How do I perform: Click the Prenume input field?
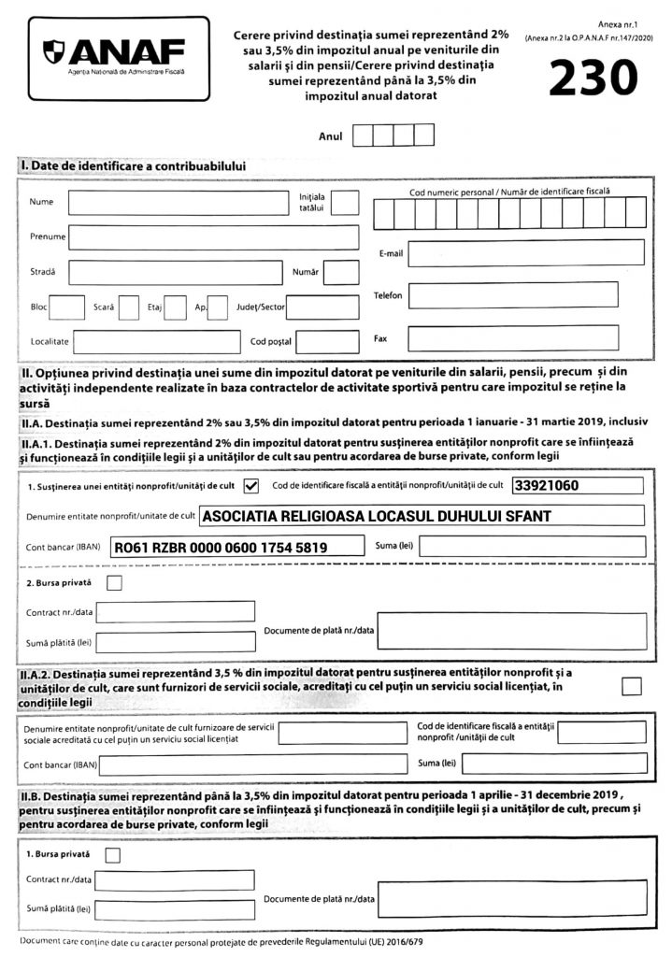pos(214,237)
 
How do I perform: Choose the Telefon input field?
pos(513,295)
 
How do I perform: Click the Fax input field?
pos(513,337)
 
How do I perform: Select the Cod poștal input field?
pos(327,342)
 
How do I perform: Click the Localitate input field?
pos(156,342)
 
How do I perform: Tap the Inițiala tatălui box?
pos(345,203)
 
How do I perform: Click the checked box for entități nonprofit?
pos(250,485)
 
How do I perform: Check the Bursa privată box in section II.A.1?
pos(115,584)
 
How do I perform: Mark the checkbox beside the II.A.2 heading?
pos(632,686)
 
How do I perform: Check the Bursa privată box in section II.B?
pos(113,854)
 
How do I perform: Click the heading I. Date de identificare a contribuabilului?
pos(134,166)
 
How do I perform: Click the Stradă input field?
pos(175,273)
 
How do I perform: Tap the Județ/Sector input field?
pos(322,307)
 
